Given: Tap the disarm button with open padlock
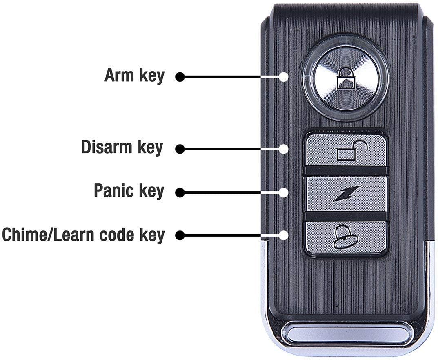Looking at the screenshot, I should (x=345, y=150).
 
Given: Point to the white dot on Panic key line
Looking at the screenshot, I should (x=284, y=192).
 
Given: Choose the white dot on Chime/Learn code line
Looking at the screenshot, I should (x=284, y=235).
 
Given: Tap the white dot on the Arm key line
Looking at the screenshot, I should (x=284, y=77).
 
